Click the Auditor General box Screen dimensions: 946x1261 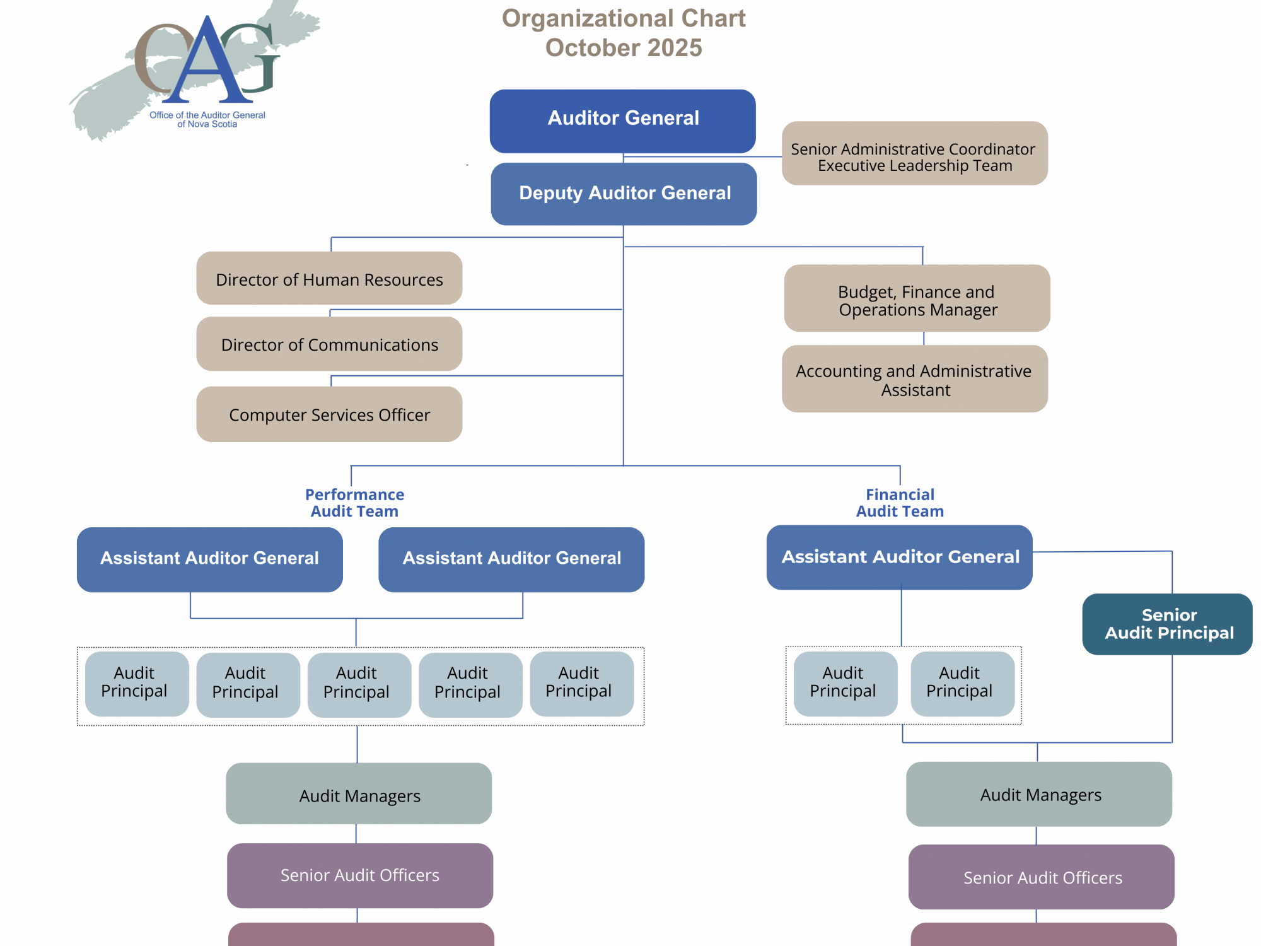pos(622,120)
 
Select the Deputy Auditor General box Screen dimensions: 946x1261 pos(624,194)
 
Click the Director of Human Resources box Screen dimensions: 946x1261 pos(329,279)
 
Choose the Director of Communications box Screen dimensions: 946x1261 pos(329,344)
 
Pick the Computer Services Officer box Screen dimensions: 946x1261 pos(329,414)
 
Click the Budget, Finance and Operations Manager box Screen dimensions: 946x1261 pos(917,299)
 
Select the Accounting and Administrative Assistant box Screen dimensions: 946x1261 pos(914,379)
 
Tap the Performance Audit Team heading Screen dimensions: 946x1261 pos(354,503)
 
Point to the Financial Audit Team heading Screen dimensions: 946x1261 pos(900,503)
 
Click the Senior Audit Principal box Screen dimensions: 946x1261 pos(1168,624)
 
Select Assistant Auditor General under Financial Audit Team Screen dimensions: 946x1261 pos(899,557)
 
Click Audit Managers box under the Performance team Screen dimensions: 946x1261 pos(359,794)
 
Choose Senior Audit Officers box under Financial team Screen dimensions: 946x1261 pos(1042,877)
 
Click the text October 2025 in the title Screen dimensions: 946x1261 pos(623,48)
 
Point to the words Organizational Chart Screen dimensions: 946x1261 pos(623,18)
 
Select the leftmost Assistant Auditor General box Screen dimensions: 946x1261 pos(209,559)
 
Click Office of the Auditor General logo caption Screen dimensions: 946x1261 pos(207,119)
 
